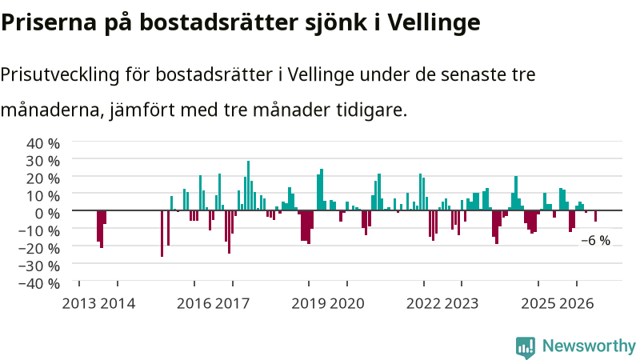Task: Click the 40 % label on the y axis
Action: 43,144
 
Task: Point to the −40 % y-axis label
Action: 39,283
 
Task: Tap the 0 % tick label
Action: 47,214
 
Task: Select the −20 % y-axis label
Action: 39,248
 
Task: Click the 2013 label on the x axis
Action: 79,304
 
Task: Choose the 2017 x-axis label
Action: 232,304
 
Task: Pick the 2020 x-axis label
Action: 347,304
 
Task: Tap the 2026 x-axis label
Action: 576,304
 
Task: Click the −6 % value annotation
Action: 595,241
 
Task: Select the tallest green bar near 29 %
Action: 248,186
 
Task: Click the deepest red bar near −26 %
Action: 162,234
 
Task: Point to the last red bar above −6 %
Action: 595,216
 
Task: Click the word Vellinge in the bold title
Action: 434,23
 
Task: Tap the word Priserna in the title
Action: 49,23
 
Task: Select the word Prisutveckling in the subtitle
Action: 60,75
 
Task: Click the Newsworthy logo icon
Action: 526,347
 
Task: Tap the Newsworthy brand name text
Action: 589,346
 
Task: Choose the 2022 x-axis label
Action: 424,304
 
